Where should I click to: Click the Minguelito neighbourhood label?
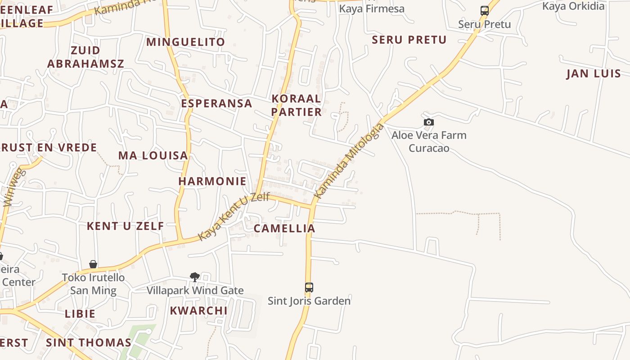tap(185, 42)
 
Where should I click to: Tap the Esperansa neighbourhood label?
tap(216, 103)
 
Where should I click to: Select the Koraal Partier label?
tap(297, 105)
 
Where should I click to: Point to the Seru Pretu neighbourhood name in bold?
tap(409, 40)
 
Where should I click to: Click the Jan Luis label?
tap(593, 73)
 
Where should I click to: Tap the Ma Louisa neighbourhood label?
tap(153, 156)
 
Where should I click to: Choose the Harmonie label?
tap(212, 181)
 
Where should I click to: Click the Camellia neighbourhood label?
tap(284, 228)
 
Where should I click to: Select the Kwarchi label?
tap(198, 310)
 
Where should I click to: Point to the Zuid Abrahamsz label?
tap(85, 57)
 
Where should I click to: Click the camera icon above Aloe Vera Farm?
tap(429, 122)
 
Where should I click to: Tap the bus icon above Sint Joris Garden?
tap(309, 287)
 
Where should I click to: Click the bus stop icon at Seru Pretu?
tap(484, 11)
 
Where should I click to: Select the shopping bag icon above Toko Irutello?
tap(93, 264)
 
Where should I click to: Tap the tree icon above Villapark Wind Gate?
tap(195, 277)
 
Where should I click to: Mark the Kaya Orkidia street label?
tap(573, 6)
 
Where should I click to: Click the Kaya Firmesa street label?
tap(372, 9)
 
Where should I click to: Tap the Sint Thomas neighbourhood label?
tap(89, 342)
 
